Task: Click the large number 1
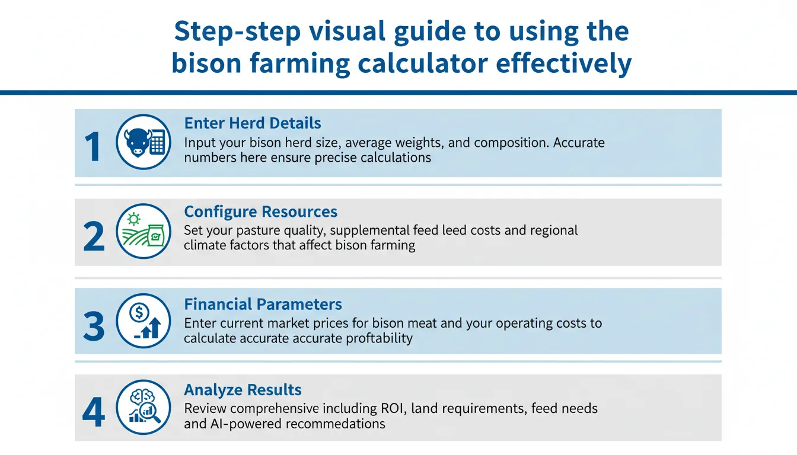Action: click(x=93, y=147)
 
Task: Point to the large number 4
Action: click(x=94, y=413)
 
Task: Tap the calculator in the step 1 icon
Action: click(x=157, y=143)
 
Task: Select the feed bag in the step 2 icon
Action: click(x=156, y=235)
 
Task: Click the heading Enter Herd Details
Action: click(x=253, y=123)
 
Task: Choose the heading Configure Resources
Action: click(x=260, y=212)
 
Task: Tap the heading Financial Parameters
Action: click(x=263, y=305)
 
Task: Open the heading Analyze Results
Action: click(x=243, y=390)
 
